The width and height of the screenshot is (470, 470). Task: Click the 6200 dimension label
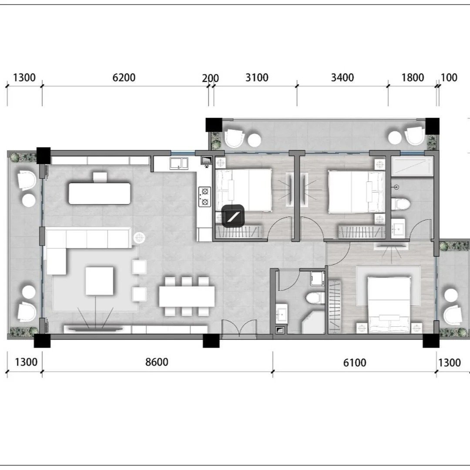(124, 77)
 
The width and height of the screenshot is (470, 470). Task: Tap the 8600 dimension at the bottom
(157, 362)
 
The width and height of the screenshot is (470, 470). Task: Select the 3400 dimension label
(342, 77)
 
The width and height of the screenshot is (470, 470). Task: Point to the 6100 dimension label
(355, 363)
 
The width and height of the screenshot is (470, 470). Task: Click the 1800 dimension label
(413, 77)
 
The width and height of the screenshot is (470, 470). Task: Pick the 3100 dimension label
(257, 77)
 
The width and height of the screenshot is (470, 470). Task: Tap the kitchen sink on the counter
(179, 163)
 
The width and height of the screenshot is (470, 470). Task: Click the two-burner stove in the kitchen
(205, 197)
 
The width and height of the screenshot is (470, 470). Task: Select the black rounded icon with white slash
(233, 215)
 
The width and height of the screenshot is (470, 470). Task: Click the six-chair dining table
(187, 296)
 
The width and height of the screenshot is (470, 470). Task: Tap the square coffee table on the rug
(100, 281)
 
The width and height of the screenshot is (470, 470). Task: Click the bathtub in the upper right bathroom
(413, 166)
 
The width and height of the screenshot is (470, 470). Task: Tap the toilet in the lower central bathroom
(315, 298)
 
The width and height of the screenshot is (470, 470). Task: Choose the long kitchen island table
(100, 193)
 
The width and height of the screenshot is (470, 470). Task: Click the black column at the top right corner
(432, 126)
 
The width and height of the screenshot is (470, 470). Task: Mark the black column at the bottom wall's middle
(211, 341)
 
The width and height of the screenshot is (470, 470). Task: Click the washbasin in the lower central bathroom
(282, 314)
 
